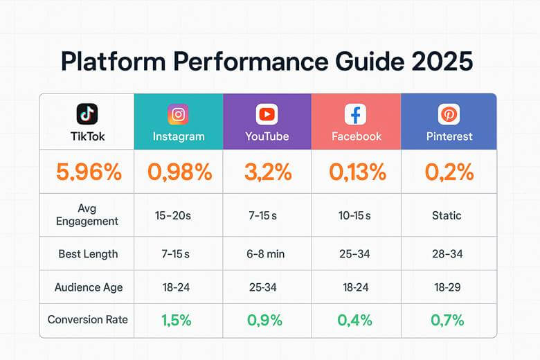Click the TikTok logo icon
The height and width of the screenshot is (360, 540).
tap(87, 114)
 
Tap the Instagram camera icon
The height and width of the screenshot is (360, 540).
tap(178, 114)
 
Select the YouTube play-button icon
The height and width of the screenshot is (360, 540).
tap(267, 114)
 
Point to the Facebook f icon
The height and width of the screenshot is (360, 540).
tap(356, 114)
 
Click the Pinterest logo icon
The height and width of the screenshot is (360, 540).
tap(449, 114)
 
